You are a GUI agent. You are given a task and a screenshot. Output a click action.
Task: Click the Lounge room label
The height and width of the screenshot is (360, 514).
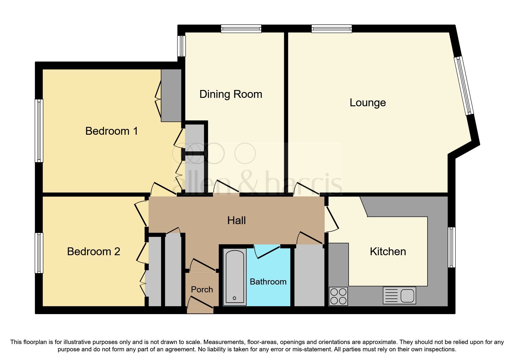[367, 103]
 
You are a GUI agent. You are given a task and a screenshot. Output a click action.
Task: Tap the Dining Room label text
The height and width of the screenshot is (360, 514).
[231, 94]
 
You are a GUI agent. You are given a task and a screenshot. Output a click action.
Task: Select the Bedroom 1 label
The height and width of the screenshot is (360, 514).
[111, 131]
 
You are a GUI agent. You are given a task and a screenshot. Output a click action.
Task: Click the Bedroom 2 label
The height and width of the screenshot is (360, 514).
[93, 251]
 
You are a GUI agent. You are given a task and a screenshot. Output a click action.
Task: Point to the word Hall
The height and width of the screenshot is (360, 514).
[236, 221]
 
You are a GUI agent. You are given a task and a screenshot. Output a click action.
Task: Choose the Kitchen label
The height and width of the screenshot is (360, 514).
[388, 251]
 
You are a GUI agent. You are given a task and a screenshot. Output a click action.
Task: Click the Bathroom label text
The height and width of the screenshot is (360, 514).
[268, 282]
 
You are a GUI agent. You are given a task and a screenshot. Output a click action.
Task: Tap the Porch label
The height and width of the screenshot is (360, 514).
[202, 289]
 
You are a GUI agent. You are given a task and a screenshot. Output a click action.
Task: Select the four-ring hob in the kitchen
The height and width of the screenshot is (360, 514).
[338, 296]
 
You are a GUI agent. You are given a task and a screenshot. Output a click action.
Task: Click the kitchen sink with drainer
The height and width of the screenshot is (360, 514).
[399, 296]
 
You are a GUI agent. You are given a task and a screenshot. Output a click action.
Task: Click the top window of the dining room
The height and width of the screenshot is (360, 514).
[241, 28]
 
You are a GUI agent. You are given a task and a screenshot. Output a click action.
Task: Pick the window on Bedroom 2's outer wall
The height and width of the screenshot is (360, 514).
[39, 253]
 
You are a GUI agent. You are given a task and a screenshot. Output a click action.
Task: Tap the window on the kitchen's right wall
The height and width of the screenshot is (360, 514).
[452, 247]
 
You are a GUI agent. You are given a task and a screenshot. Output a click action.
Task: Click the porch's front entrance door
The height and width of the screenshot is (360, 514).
[200, 303]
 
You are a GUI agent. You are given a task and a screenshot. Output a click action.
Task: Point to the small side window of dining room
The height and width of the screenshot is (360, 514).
[181, 46]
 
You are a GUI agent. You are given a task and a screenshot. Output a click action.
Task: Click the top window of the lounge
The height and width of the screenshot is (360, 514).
[331, 28]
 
